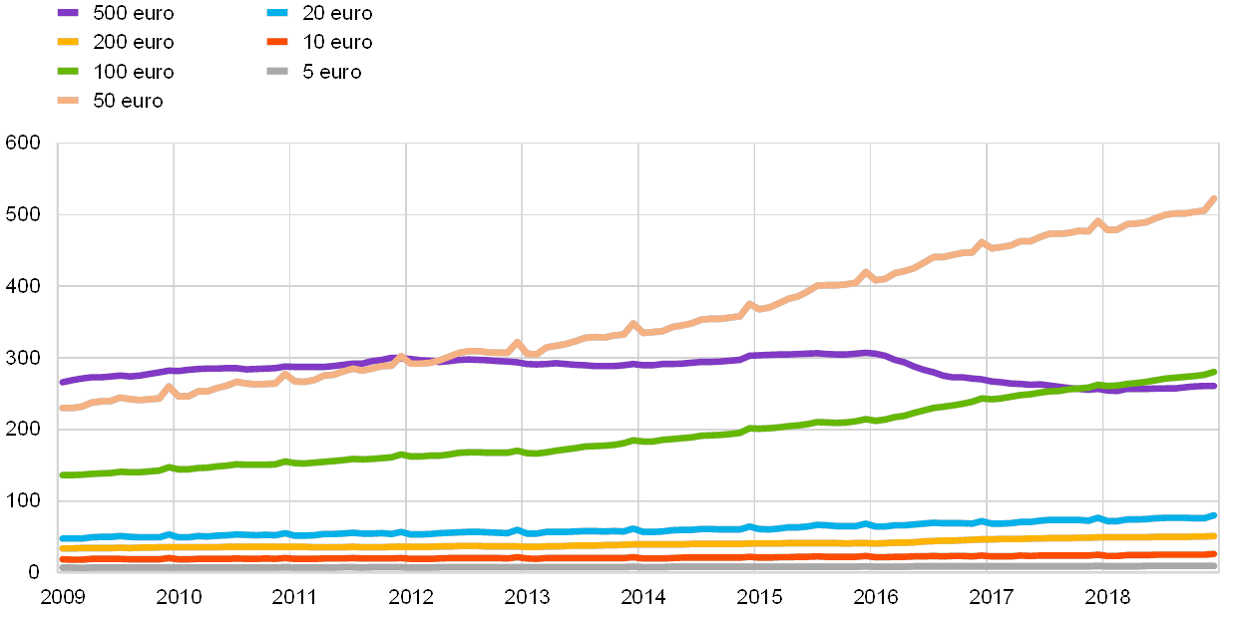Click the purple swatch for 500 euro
tap(68, 13)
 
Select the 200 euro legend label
tap(134, 42)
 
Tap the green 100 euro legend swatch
tap(68, 71)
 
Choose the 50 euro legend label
tap(128, 100)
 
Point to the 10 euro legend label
tap(336, 42)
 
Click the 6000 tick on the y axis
tap(23, 144)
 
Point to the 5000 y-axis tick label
tap(23, 214)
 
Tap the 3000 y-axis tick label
tap(23, 358)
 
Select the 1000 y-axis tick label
tap(23, 500)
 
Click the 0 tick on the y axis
tap(34, 571)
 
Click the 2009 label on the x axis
tap(62, 597)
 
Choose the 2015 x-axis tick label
tap(759, 597)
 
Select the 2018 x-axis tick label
tap(1107, 597)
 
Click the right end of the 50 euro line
tap(1214, 198)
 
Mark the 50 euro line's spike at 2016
tap(866, 272)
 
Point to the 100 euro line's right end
tap(1214, 372)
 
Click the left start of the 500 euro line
tap(61, 382)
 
